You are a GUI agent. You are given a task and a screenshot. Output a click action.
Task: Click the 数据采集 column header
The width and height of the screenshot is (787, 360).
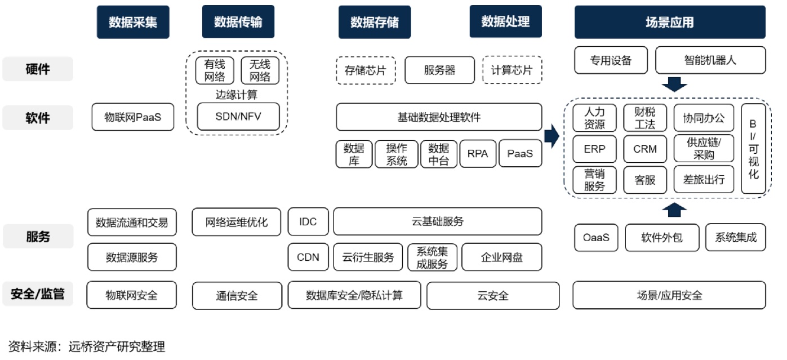[133, 22]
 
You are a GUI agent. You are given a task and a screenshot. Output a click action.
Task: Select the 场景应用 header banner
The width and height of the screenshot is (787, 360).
[669, 23]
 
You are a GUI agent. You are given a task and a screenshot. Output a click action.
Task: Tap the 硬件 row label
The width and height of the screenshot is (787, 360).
[38, 69]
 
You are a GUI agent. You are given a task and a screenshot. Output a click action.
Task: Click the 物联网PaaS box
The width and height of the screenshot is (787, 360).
[133, 117]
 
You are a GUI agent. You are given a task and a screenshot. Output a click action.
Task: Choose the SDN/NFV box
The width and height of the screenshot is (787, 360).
[238, 117]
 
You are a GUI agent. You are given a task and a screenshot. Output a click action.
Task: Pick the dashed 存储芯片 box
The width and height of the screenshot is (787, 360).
[366, 70]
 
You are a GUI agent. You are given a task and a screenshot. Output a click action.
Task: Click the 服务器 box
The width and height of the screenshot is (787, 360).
[439, 70]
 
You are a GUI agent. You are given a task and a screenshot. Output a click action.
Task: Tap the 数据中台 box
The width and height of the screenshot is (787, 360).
[439, 154]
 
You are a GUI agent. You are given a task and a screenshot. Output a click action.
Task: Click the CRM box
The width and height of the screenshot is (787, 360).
[645, 149]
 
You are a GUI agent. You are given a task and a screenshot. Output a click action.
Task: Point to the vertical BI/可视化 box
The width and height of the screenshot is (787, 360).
[753, 149]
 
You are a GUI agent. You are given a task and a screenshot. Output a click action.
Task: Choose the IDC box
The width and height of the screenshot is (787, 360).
[308, 221]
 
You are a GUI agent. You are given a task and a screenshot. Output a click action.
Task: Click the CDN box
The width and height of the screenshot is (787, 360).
[308, 257]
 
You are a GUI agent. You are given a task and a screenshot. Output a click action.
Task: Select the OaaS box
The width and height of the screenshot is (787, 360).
[596, 237]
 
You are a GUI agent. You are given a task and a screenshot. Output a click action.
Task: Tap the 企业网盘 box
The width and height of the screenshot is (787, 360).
[501, 257]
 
